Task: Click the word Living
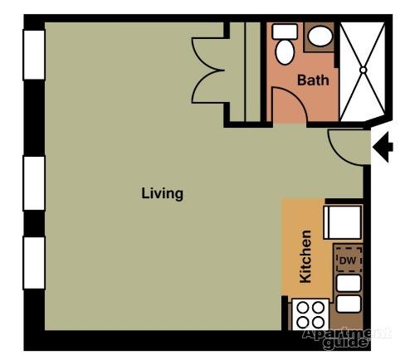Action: pyautogui.click(x=162, y=193)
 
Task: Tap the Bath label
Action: pyautogui.click(x=313, y=80)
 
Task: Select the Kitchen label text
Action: pyautogui.click(x=305, y=257)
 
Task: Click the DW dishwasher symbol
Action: pyautogui.click(x=349, y=260)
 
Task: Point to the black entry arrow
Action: pyautogui.click(x=383, y=147)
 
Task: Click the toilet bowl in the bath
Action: pyautogui.click(x=285, y=52)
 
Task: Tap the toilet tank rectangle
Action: pyautogui.click(x=285, y=32)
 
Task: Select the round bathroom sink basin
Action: pyautogui.click(x=320, y=36)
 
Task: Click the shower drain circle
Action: pyautogui.click(x=363, y=70)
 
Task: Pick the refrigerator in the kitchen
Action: pyautogui.click(x=343, y=222)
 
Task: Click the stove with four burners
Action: pyautogui.click(x=310, y=314)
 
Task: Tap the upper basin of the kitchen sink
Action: pyautogui.click(x=349, y=284)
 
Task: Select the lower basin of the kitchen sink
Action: pyautogui.click(x=349, y=304)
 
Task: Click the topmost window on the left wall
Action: pyautogui.click(x=34, y=55)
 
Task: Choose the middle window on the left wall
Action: pyautogui.click(x=34, y=183)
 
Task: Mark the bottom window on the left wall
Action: pyautogui.click(x=34, y=263)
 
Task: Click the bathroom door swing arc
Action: pyautogui.click(x=298, y=96)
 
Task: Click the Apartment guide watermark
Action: pyautogui.click(x=346, y=338)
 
